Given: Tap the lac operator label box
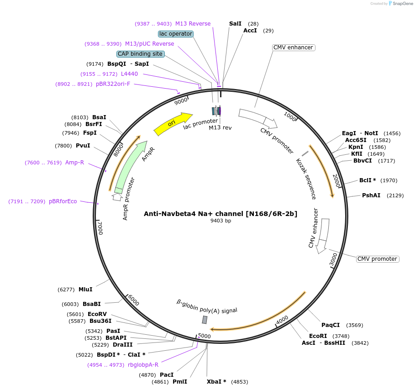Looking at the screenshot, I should (x=176, y=34).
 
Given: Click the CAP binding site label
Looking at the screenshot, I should (x=140, y=54).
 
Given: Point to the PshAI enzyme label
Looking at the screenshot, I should (x=371, y=195).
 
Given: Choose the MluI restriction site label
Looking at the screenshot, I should (x=85, y=289).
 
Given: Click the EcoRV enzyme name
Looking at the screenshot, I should (x=97, y=314).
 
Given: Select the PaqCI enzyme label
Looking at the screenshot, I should (x=331, y=325).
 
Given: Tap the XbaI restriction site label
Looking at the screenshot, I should (x=216, y=381).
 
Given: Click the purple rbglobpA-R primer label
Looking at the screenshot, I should (x=143, y=364).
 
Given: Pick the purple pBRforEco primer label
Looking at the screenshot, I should (x=63, y=201).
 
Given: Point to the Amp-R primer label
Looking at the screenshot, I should (x=74, y=162).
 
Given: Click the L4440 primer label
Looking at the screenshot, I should (x=129, y=74).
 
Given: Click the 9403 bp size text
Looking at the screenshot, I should (x=221, y=221).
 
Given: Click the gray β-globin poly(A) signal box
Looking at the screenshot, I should (x=205, y=320).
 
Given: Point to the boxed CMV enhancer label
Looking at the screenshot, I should (x=293, y=47).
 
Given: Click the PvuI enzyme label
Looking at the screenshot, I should (x=83, y=146).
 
